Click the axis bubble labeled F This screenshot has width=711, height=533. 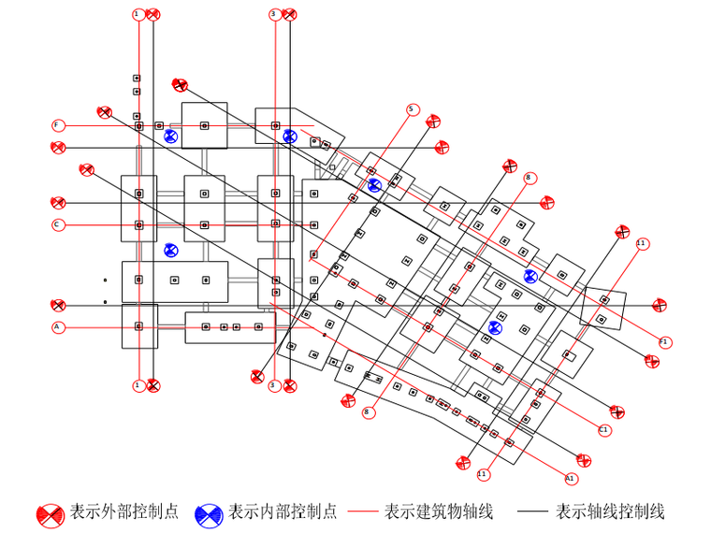pyautogui.click(x=58, y=125)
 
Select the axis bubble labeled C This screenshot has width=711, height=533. pyautogui.click(x=58, y=224)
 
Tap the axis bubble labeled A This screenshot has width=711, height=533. pyautogui.click(x=58, y=327)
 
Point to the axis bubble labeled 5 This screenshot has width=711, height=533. pyautogui.click(x=412, y=109)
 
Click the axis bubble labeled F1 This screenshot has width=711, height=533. pyautogui.click(x=664, y=342)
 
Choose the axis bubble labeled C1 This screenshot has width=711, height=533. pyautogui.click(x=604, y=430)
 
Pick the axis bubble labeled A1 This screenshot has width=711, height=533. pyautogui.click(x=570, y=478)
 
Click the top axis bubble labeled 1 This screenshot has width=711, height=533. pyautogui.click(x=138, y=14)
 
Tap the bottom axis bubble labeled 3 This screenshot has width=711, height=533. pyautogui.click(x=274, y=385)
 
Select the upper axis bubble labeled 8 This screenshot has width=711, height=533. pyautogui.click(x=530, y=178)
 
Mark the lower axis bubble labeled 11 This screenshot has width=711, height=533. pyautogui.click(x=483, y=475)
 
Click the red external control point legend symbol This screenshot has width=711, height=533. pyautogui.click(x=51, y=513)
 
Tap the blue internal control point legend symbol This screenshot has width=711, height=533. pyautogui.click(x=209, y=513)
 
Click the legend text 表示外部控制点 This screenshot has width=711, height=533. pyautogui.click(x=124, y=512)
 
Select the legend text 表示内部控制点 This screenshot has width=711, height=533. pyautogui.click(x=283, y=512)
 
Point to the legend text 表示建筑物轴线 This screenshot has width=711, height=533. pyautogui.click(x=439, y=512)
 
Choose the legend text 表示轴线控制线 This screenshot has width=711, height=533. pyautogui.click(x=610, y=512)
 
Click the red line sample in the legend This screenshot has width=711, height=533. pyautogui.click(x=362, y=512)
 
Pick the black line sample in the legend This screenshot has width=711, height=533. pyautogui.click(x=532, y=512)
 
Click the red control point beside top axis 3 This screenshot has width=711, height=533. pyautogui.click(x=290, y=14)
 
